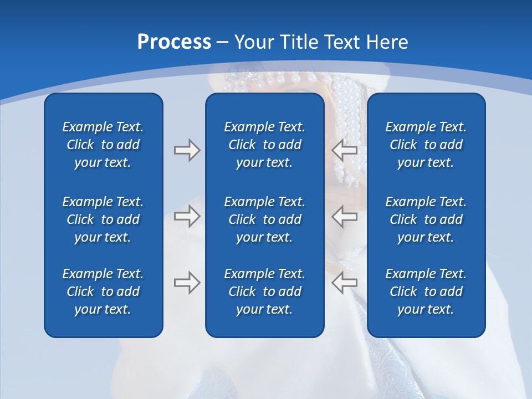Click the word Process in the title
coord(174,42)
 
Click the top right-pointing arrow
coord(187,150)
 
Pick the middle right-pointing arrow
coord(187,216)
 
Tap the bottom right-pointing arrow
coord(187,283)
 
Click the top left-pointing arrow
coord(345,150)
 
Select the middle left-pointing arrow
coord(345,216)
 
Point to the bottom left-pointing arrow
coord(345,283)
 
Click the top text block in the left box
coord(103,145)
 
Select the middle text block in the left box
coord(103,219)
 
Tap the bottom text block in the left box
coord(103,291)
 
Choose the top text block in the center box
coord(264,145)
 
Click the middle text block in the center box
coord(264,219)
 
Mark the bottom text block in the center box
coord(264,291)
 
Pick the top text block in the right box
coord(426,145)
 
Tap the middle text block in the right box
coord(426,219)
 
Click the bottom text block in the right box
coord(426,291)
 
